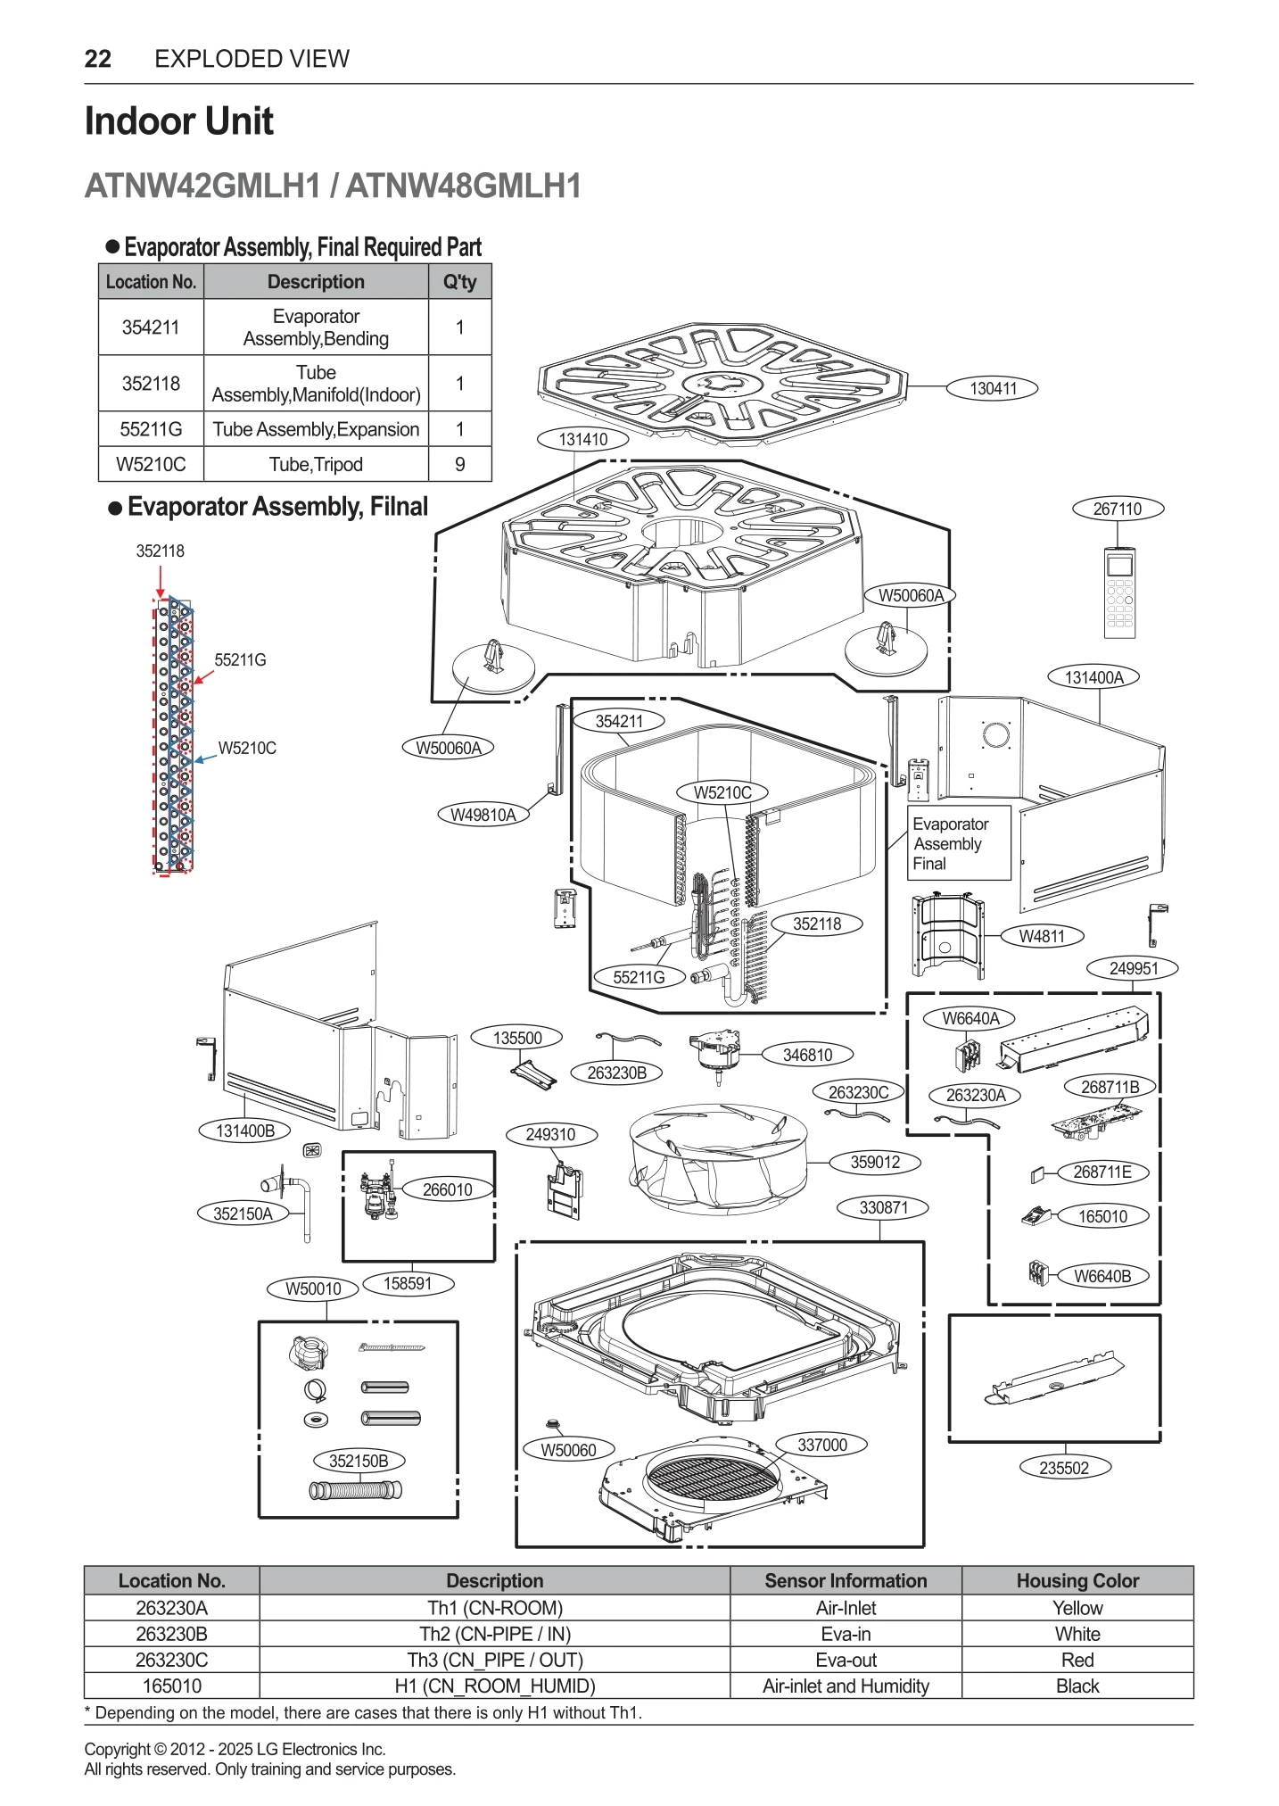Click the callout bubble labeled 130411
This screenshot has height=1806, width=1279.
(993, 388)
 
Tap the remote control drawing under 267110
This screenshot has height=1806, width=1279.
(1119, 592)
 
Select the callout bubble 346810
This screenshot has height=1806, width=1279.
(807, 1055)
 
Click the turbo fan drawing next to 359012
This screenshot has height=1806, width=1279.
(718, 1158)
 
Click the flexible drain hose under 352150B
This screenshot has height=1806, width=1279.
(355, 1489)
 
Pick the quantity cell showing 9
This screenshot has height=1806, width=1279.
(459, 464)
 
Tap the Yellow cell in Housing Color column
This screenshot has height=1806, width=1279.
(1077, 1608)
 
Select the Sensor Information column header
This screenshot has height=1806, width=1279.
(845, 1580)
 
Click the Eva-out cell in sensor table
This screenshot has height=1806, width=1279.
(845, 1660)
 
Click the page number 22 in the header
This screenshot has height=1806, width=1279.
(98, 59)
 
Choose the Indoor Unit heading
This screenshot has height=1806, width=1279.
(178, 121)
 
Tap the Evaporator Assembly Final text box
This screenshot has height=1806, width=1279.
(959, 843)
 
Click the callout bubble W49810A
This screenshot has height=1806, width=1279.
(483, 815)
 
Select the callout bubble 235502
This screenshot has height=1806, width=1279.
(1063, 1468)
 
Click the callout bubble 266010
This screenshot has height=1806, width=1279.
(447, 1189)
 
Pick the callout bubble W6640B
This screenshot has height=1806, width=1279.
(1102, 1276)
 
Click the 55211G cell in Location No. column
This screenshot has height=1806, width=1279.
(151, 429)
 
